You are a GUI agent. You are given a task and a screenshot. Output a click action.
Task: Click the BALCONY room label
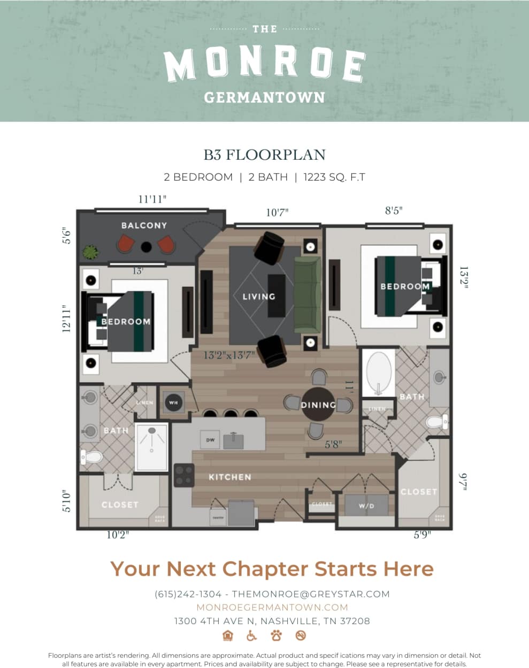pyautogui.click(x=144, y=226)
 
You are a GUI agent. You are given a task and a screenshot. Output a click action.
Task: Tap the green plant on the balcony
pyautogui.click(x=90, y=251)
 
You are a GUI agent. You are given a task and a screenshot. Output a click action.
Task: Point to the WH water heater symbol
pyautogui.click(x=173, y=402)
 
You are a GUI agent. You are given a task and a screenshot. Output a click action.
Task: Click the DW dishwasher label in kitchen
pyautogui.click(x=210, y=440)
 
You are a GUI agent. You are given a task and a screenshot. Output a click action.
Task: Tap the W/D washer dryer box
pyautogui.click(x=366, y=506)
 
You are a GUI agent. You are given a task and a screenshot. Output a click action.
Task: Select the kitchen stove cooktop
pyautogui.click(x=184, y=475)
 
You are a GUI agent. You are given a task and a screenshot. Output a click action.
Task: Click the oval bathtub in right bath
pyautogui.click(x=379, y=372)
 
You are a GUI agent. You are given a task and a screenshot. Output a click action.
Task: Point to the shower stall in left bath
pyautogui.click(x=152, y=447)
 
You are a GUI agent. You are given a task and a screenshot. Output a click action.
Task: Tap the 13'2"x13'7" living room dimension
pyautogui.click(x=229, y=355)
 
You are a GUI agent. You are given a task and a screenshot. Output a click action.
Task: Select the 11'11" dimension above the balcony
pyautogui.click(x=152, y=199)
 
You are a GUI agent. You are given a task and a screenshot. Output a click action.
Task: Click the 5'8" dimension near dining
pyautogui.click(x=334, y=444)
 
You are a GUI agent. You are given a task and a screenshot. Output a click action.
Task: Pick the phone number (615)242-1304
pyautogui.click(x=188, y=594)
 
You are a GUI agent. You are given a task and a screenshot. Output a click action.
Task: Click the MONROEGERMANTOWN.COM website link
pyautogui.click(x=272, y=607)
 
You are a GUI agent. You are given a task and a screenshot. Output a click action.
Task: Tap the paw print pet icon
pyautogui.click(x=276, y=635)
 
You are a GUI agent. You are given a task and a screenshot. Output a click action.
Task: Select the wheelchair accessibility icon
pyautogui.click(x=251, y=635)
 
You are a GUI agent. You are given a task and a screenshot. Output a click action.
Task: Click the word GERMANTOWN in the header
pyautogui.click(x=264, y=97)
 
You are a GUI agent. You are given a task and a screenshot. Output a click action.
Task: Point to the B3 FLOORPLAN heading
pyautogui.click(x=265, y=155)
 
